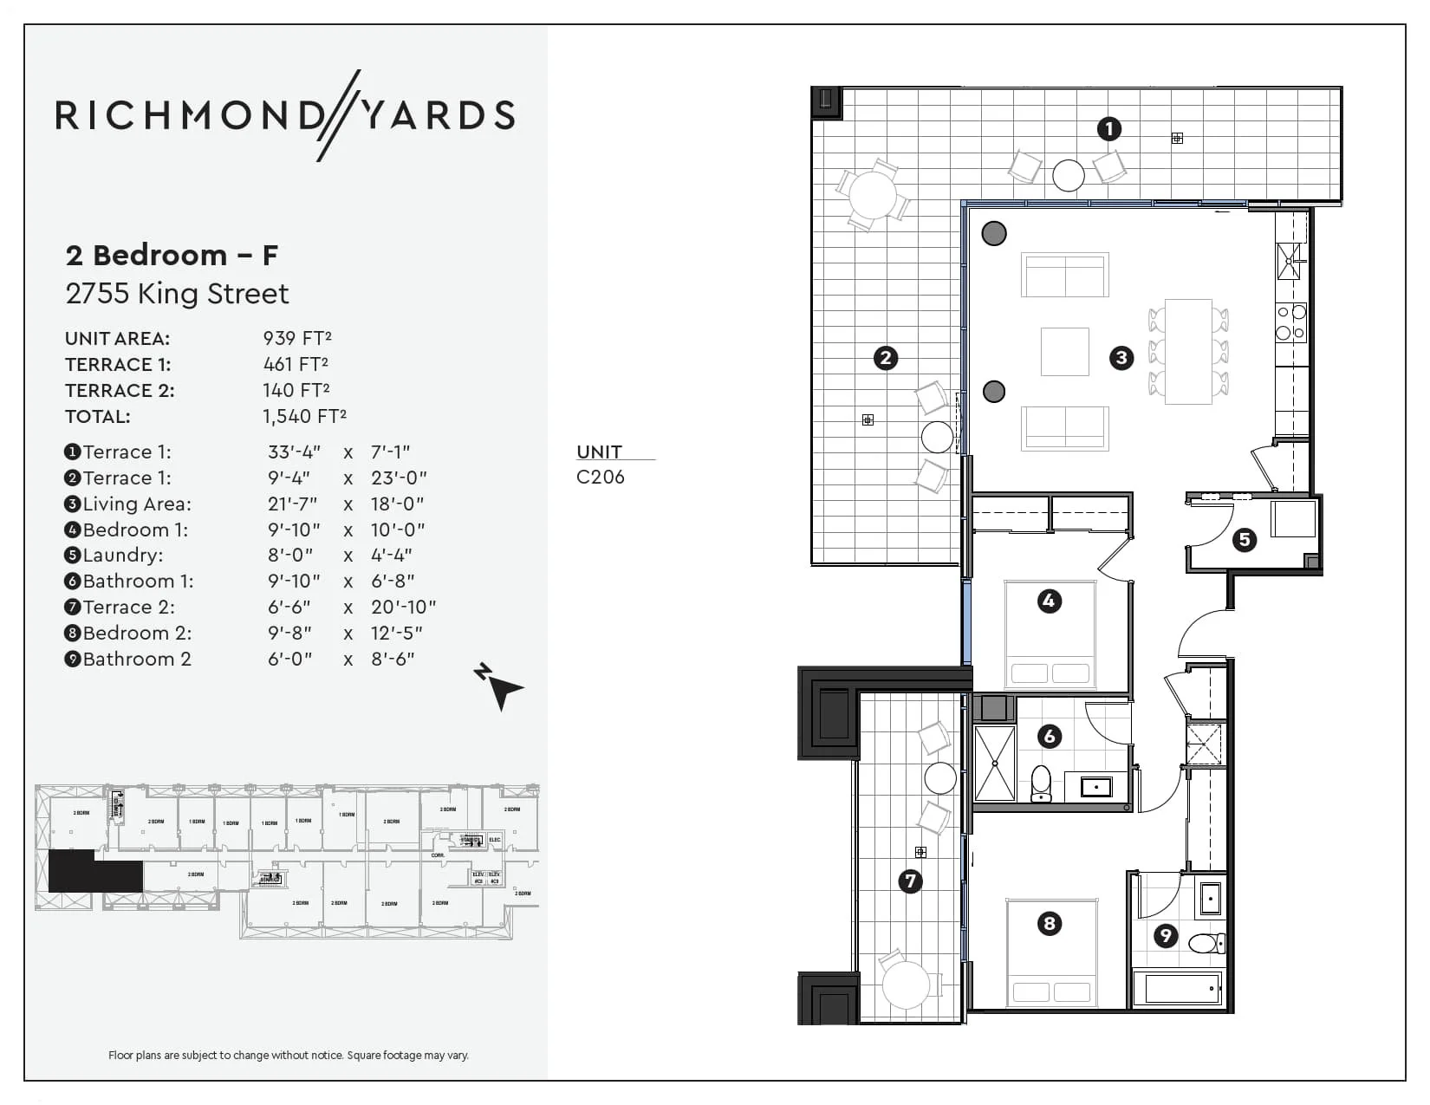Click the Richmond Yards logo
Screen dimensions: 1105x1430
pos(285,115)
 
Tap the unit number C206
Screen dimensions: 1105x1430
pos(600,477)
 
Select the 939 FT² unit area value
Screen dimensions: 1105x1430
pos(297,338)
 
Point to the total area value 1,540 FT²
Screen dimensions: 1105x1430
pos(304,416)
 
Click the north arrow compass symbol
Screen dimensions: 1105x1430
pos(499,686)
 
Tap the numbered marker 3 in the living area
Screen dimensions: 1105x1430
pos(1121,358)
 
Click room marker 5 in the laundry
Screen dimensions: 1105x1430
pos(1245,540)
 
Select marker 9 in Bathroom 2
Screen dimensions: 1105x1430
pos(1166,935)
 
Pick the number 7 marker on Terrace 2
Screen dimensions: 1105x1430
pos(910,881)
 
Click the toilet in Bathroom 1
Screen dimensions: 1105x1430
pos(1041,783)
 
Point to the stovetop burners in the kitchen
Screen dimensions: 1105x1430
pos(1290,322)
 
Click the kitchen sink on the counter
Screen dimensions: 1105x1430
pos(1289,260)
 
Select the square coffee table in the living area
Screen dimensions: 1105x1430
pos(1064,351)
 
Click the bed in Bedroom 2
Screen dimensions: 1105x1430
pos(1051,953)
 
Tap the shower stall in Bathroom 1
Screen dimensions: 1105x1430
pos(994,764)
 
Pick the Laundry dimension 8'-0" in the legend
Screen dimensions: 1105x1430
pos(290,555)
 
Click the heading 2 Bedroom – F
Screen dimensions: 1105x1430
pos(172,255)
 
